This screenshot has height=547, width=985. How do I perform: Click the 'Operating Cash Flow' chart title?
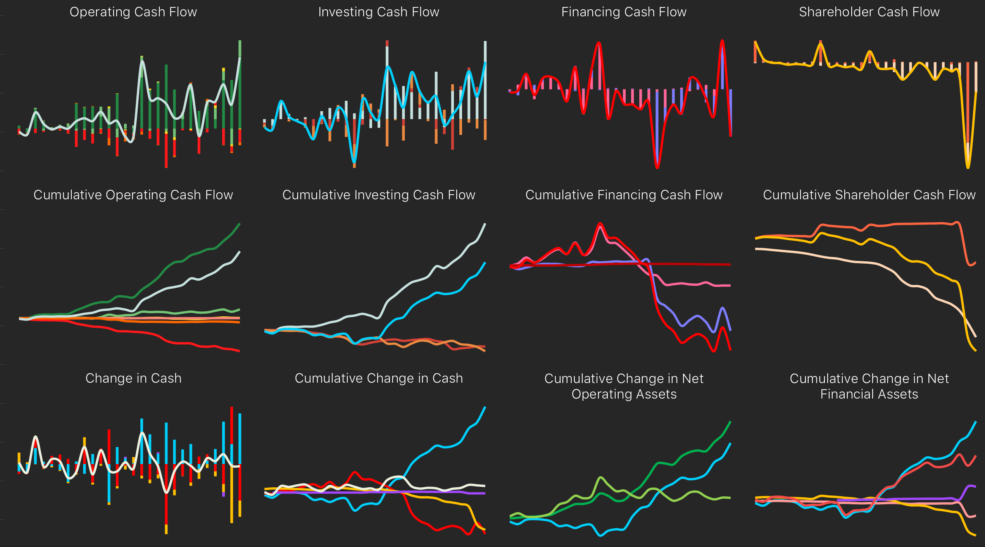coord(133,12)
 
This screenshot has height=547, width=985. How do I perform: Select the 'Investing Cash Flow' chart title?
coord(378,12)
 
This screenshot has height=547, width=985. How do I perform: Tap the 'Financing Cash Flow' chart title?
coord(624,12)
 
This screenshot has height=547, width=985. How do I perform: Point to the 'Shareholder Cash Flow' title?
coord(869,12)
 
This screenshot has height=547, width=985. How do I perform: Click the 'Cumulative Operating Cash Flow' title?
coord(133,195)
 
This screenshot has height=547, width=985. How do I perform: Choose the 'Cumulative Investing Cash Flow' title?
coord(378,195)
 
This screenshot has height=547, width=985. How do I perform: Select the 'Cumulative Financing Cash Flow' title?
coord(624,195)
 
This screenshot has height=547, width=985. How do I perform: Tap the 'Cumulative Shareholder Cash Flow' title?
coord(869,195)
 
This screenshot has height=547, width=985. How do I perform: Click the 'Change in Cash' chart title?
coord(133,378)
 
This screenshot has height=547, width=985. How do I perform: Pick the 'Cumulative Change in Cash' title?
coord(378,378)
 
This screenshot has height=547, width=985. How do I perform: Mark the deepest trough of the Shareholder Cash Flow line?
coord(968,167)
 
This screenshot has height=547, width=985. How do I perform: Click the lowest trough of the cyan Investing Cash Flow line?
coord(354,162)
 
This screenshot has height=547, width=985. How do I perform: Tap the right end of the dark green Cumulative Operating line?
coord(240,224)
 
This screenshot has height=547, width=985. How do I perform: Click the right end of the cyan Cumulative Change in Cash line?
coord(485,407)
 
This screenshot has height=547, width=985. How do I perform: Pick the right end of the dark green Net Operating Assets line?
coord(730,421)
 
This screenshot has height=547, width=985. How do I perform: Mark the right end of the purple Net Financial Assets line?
coord(975,487)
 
